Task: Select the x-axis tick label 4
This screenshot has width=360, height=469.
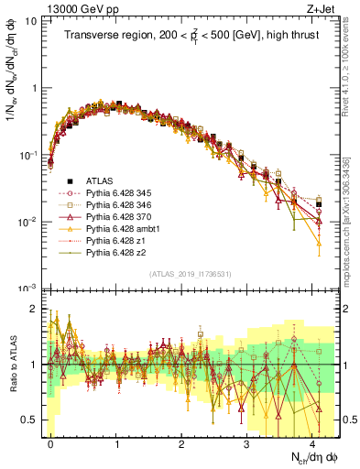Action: coord(312,442)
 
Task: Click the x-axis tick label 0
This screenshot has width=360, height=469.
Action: coord(50,442)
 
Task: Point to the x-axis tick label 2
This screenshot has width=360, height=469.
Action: coord(181,442)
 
